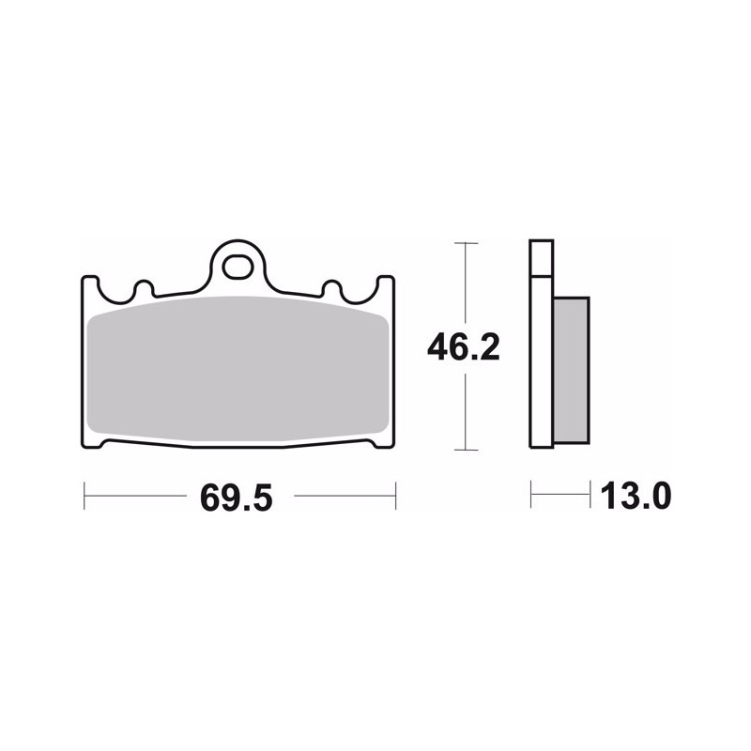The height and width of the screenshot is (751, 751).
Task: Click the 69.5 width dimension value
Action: point(237,498)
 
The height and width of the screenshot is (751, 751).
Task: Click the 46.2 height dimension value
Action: point(463,347)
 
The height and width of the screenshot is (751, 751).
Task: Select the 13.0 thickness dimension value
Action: point(636,497)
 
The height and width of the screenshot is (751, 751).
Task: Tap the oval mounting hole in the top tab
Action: point(238,268)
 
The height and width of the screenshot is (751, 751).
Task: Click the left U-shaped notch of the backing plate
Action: point(115,292)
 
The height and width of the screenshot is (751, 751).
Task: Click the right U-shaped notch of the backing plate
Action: point(360,292)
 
